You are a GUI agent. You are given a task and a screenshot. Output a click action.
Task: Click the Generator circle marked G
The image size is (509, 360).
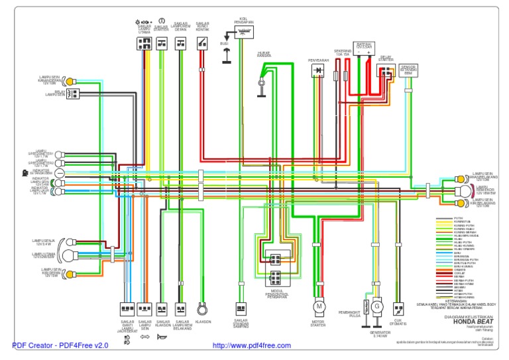[x=376, y=306]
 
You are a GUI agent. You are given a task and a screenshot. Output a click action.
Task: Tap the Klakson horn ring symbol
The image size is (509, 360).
[x=203, y=309]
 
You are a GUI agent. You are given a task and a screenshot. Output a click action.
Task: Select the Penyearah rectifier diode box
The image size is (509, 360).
[x=318, y=70]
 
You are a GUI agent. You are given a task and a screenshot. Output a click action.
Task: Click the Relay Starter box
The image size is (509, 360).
[x=384, y=70]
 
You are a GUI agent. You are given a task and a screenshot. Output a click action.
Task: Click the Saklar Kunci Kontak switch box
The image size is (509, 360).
[x=201, y=44]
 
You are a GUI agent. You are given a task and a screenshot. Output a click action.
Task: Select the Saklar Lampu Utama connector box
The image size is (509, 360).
[x=143, y=44]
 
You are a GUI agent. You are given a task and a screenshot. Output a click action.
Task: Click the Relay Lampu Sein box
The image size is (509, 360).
[x=72, y=93]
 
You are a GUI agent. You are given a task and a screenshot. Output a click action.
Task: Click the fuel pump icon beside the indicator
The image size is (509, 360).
[x=24, y=172]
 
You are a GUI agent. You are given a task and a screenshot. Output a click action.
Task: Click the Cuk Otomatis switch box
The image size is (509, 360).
[x=398, y=309]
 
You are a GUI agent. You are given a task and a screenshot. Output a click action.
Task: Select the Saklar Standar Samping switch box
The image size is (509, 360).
[x=241, y=309]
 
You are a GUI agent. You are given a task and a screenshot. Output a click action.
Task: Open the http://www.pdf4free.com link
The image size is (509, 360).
[x=251, y=345]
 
